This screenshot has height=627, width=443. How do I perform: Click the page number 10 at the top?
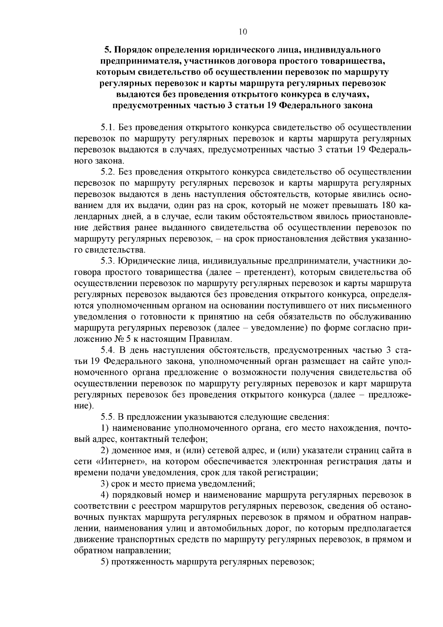click(243, 32)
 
